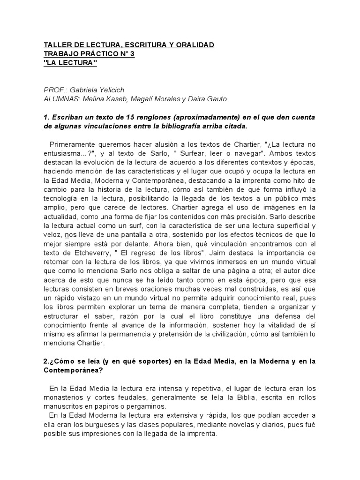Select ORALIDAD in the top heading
pos(195,45)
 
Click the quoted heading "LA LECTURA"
pos(70,63)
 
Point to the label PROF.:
pos(55,90)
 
